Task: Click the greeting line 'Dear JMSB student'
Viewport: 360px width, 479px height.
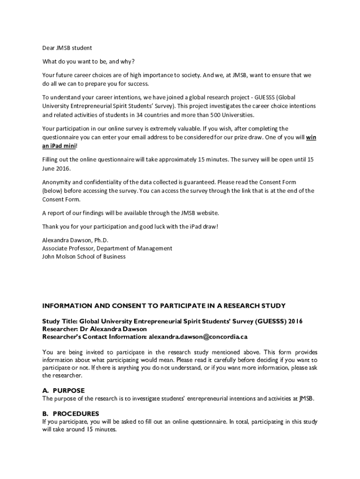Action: [x=67, y=48]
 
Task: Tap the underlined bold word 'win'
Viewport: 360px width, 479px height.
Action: [x=311, y=137]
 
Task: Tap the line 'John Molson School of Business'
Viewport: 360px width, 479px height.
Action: [x=84, y=257]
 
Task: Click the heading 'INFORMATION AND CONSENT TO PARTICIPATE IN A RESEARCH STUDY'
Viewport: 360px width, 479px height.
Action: [x=164, y=306]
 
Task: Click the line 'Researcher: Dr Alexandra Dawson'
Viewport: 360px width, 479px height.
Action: [x=94, y=329]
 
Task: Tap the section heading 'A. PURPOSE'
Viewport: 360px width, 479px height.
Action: [x=63, y=391]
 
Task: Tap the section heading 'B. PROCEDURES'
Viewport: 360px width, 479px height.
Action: [x=71, y=414]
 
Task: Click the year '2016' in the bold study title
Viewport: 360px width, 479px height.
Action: [x=295, y=321]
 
